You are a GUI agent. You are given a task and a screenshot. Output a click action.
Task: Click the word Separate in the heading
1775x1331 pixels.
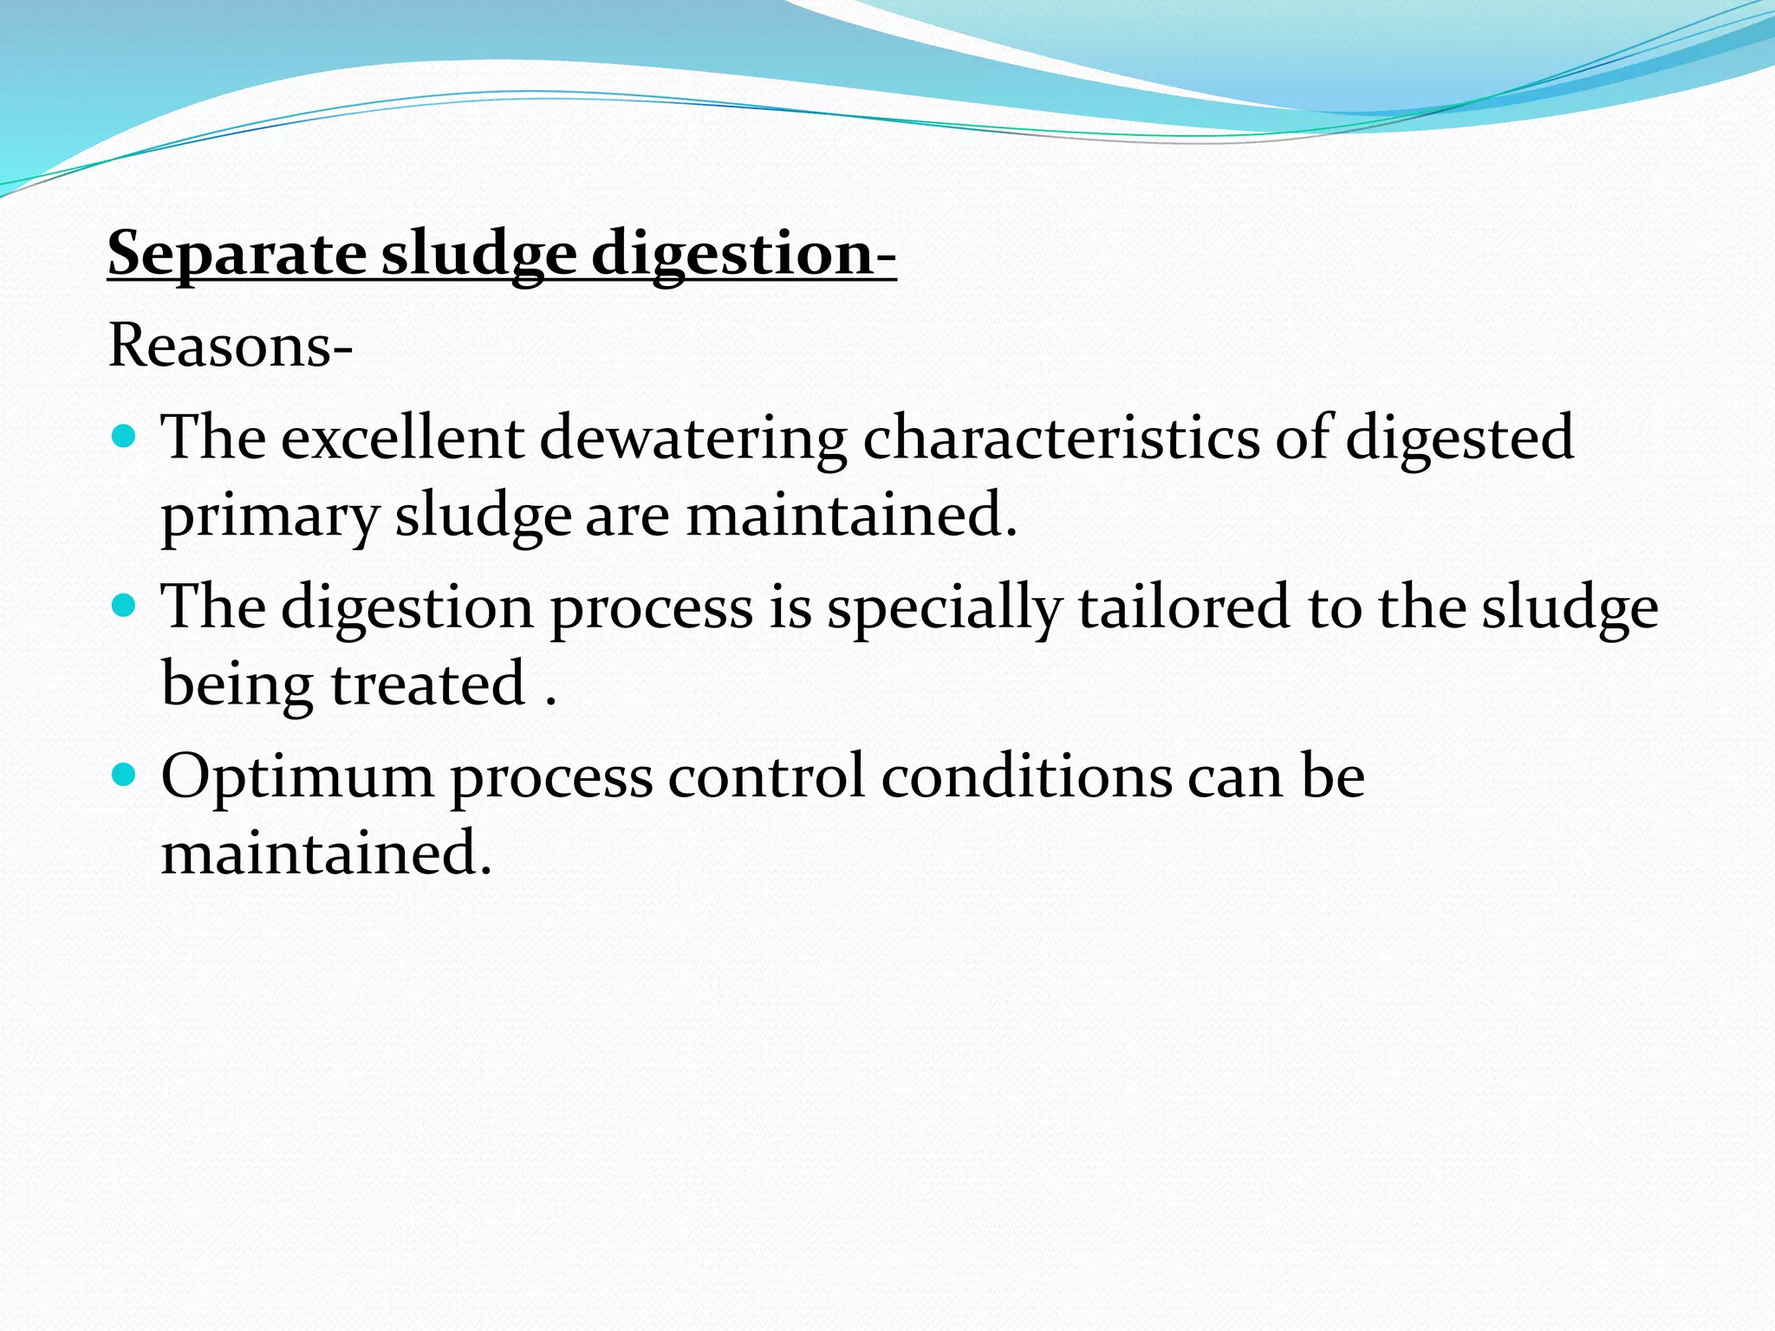[x=237, y=254]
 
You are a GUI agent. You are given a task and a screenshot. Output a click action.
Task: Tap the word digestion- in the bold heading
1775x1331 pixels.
[x=744, y=254]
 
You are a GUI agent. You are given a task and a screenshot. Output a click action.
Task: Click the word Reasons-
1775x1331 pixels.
[x=231, y=346]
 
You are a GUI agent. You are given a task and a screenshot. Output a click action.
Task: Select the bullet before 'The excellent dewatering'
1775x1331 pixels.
[x=125, y=435]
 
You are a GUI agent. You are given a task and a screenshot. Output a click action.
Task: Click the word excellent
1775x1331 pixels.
[x=402, y=438]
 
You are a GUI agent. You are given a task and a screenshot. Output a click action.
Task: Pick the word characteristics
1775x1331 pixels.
[x=1061, y=438]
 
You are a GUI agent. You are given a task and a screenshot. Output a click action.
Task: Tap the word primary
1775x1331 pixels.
[x=270, y=516]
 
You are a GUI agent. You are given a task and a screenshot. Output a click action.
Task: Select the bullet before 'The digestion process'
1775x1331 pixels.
[x=125, y=604]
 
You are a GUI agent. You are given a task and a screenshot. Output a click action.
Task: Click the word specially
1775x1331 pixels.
[x=944, y=607]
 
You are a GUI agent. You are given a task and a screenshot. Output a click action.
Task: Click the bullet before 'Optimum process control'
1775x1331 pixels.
[x=125, y=773]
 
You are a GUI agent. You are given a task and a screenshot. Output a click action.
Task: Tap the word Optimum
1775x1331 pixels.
[x=297, y=776]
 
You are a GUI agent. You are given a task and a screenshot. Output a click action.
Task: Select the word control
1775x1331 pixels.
[x=766, y=776]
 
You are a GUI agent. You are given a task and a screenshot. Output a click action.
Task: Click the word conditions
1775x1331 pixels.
[x=1026, y=776]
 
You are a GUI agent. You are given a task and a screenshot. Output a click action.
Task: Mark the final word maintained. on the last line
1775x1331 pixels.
[x=327, y=854]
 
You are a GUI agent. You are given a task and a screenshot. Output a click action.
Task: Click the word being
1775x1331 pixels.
[x=237, y=685]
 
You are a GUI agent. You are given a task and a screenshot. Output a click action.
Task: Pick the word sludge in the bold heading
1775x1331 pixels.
[x=479, y=254]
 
